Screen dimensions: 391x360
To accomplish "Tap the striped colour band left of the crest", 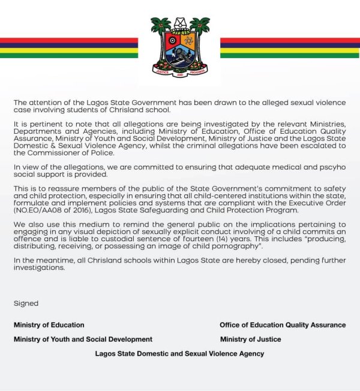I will pos(69,48).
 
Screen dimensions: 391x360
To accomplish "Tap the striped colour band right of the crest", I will pos(290,48).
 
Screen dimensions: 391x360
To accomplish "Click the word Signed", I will pos(26,303).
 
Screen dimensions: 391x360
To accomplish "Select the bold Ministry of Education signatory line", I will pos(49,325).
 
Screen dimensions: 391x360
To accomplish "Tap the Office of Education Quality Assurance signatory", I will pos(283,325).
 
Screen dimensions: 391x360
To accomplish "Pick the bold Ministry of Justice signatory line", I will pos(250,339).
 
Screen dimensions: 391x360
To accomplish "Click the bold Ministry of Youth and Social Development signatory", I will pos(83,339).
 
